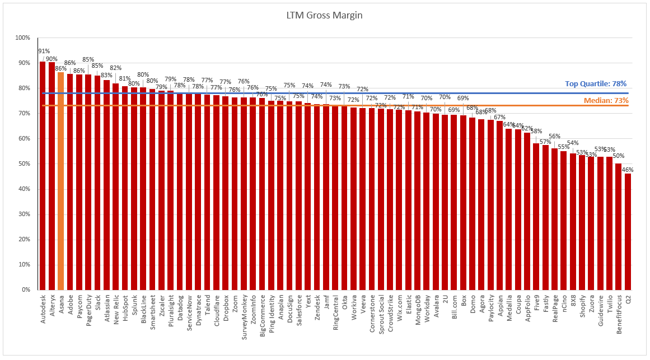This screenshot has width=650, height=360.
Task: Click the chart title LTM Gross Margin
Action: [324, 15]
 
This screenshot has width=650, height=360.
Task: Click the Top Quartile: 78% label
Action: [596, 83]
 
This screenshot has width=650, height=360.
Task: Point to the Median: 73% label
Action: [606, 100]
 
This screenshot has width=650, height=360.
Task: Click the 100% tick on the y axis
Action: [22, 38]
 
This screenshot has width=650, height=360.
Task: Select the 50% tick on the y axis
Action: [24, 164]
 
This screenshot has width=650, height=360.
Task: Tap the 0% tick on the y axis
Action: [26, 290]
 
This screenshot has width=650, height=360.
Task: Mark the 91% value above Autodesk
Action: [43, 51]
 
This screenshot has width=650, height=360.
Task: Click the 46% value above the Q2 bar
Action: [628, 169]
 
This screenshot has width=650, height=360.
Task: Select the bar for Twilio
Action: [609, 223]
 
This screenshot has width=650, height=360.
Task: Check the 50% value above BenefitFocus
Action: [619, 156]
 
